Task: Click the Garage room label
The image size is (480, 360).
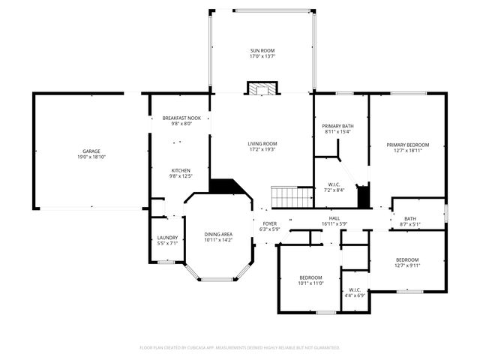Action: tap(91, 151)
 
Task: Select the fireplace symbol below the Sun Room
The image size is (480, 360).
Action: tap(262, 88)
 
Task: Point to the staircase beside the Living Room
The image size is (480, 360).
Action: tap(291, 197)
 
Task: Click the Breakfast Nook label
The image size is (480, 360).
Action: tap(181, 118)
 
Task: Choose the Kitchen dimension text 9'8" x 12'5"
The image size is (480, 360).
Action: tap(181, 176)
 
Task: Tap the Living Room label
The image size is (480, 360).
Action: tap(262, 143)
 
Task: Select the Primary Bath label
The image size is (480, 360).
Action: tap(337, 125)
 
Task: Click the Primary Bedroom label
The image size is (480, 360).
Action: tap(408, 144)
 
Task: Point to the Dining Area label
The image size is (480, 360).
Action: tap(218, 234)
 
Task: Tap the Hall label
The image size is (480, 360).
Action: tap(334, 217)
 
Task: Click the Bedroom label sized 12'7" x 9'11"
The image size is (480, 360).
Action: tap(408, 259)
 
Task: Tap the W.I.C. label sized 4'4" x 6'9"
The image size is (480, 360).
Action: tap(355, 289)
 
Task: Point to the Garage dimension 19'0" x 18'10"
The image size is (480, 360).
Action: tap(91, 157)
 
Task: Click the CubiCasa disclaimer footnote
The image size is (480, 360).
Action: tap(240, 348)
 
